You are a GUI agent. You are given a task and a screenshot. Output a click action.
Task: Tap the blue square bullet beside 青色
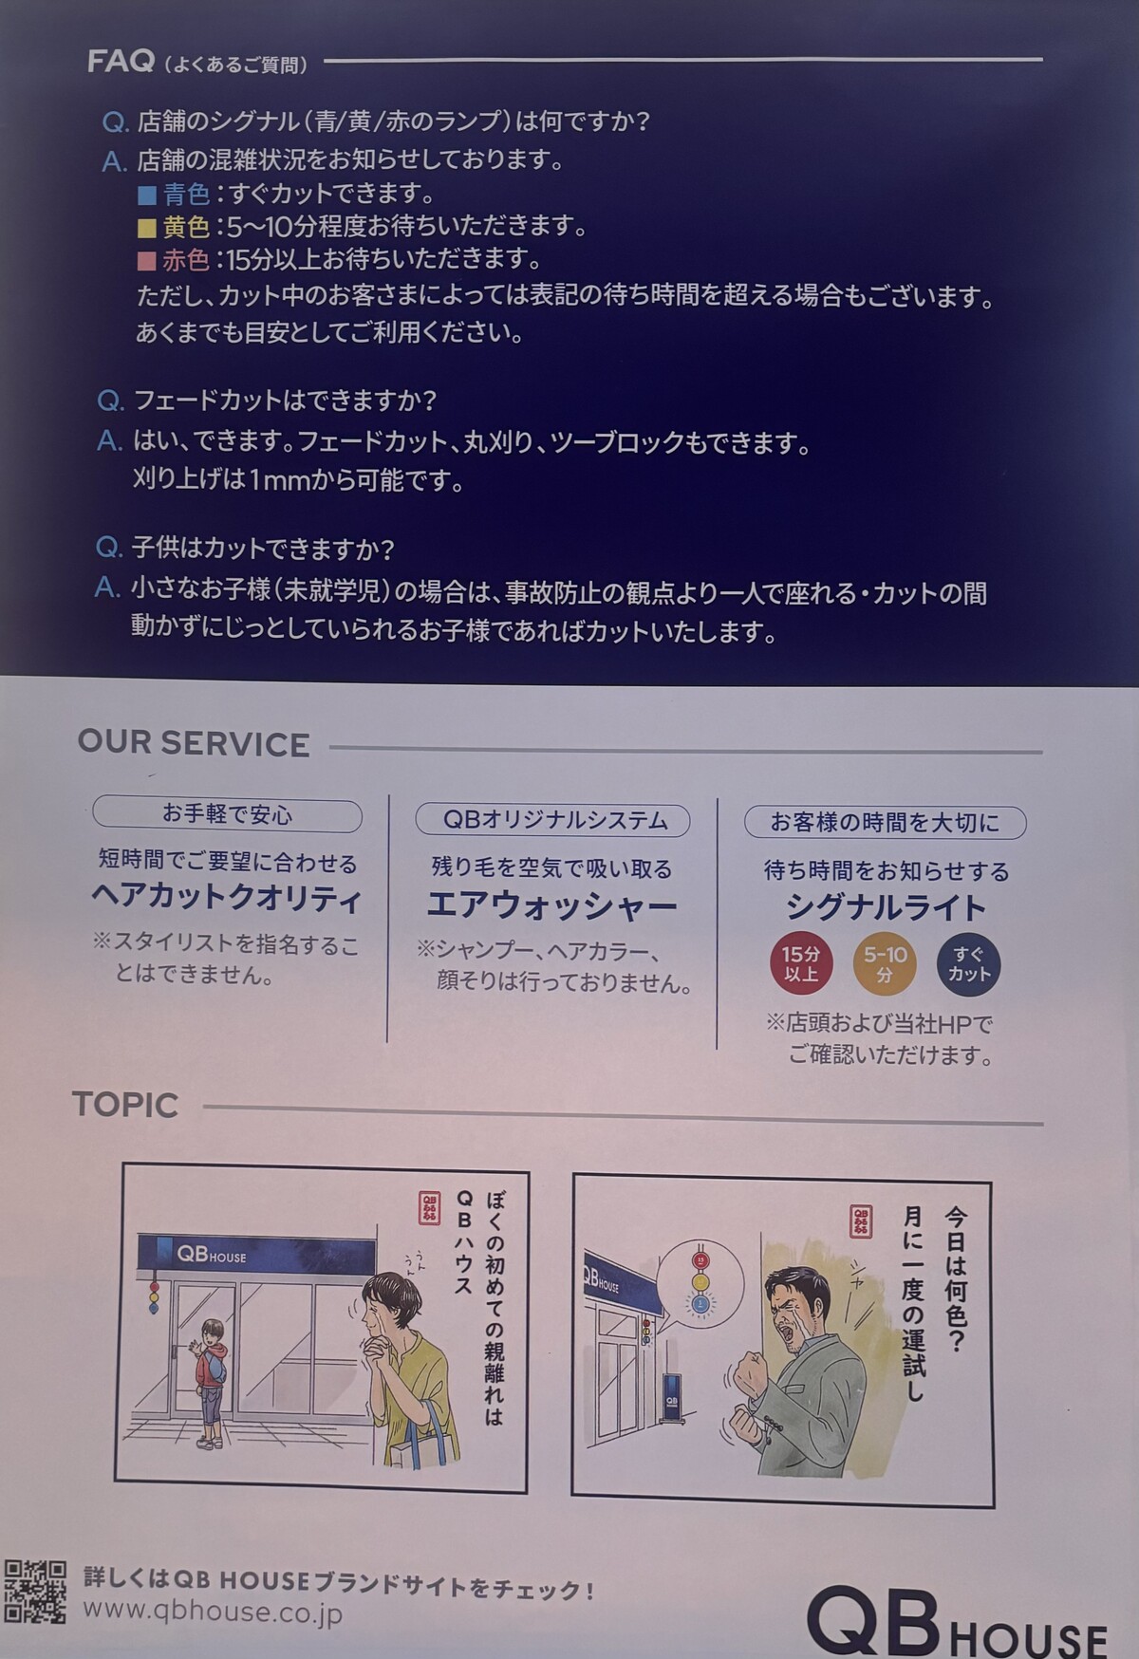coord(147,196)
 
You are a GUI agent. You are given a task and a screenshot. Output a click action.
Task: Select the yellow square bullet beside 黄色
coord(146,228)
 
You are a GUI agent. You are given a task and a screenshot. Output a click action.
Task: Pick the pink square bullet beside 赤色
coord(146,260)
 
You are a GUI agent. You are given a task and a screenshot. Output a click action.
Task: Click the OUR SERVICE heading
coord(194,744)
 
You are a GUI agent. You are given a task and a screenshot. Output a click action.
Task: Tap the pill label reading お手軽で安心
coord(227,815)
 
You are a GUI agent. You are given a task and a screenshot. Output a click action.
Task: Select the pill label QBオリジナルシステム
coord(552,820)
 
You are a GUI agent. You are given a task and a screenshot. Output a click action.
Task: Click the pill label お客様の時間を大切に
coord(885,823)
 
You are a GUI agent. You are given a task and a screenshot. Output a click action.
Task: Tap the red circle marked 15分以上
coord(800,964)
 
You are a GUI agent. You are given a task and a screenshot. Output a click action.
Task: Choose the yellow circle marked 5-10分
coord(885,964)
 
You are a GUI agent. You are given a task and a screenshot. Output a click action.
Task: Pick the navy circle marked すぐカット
coord(968,964)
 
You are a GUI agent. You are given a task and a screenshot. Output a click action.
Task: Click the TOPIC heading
coord(125,1105)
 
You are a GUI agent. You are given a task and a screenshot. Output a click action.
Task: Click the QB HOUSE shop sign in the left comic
coord(256,1254)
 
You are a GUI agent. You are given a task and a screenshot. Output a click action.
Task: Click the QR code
coord(35,1592)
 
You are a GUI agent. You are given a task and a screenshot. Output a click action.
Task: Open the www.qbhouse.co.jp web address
coord(213,1612)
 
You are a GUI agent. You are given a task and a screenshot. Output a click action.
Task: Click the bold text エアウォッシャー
coord(551,905)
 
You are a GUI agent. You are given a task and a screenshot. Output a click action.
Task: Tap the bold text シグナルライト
coord(886,908)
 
